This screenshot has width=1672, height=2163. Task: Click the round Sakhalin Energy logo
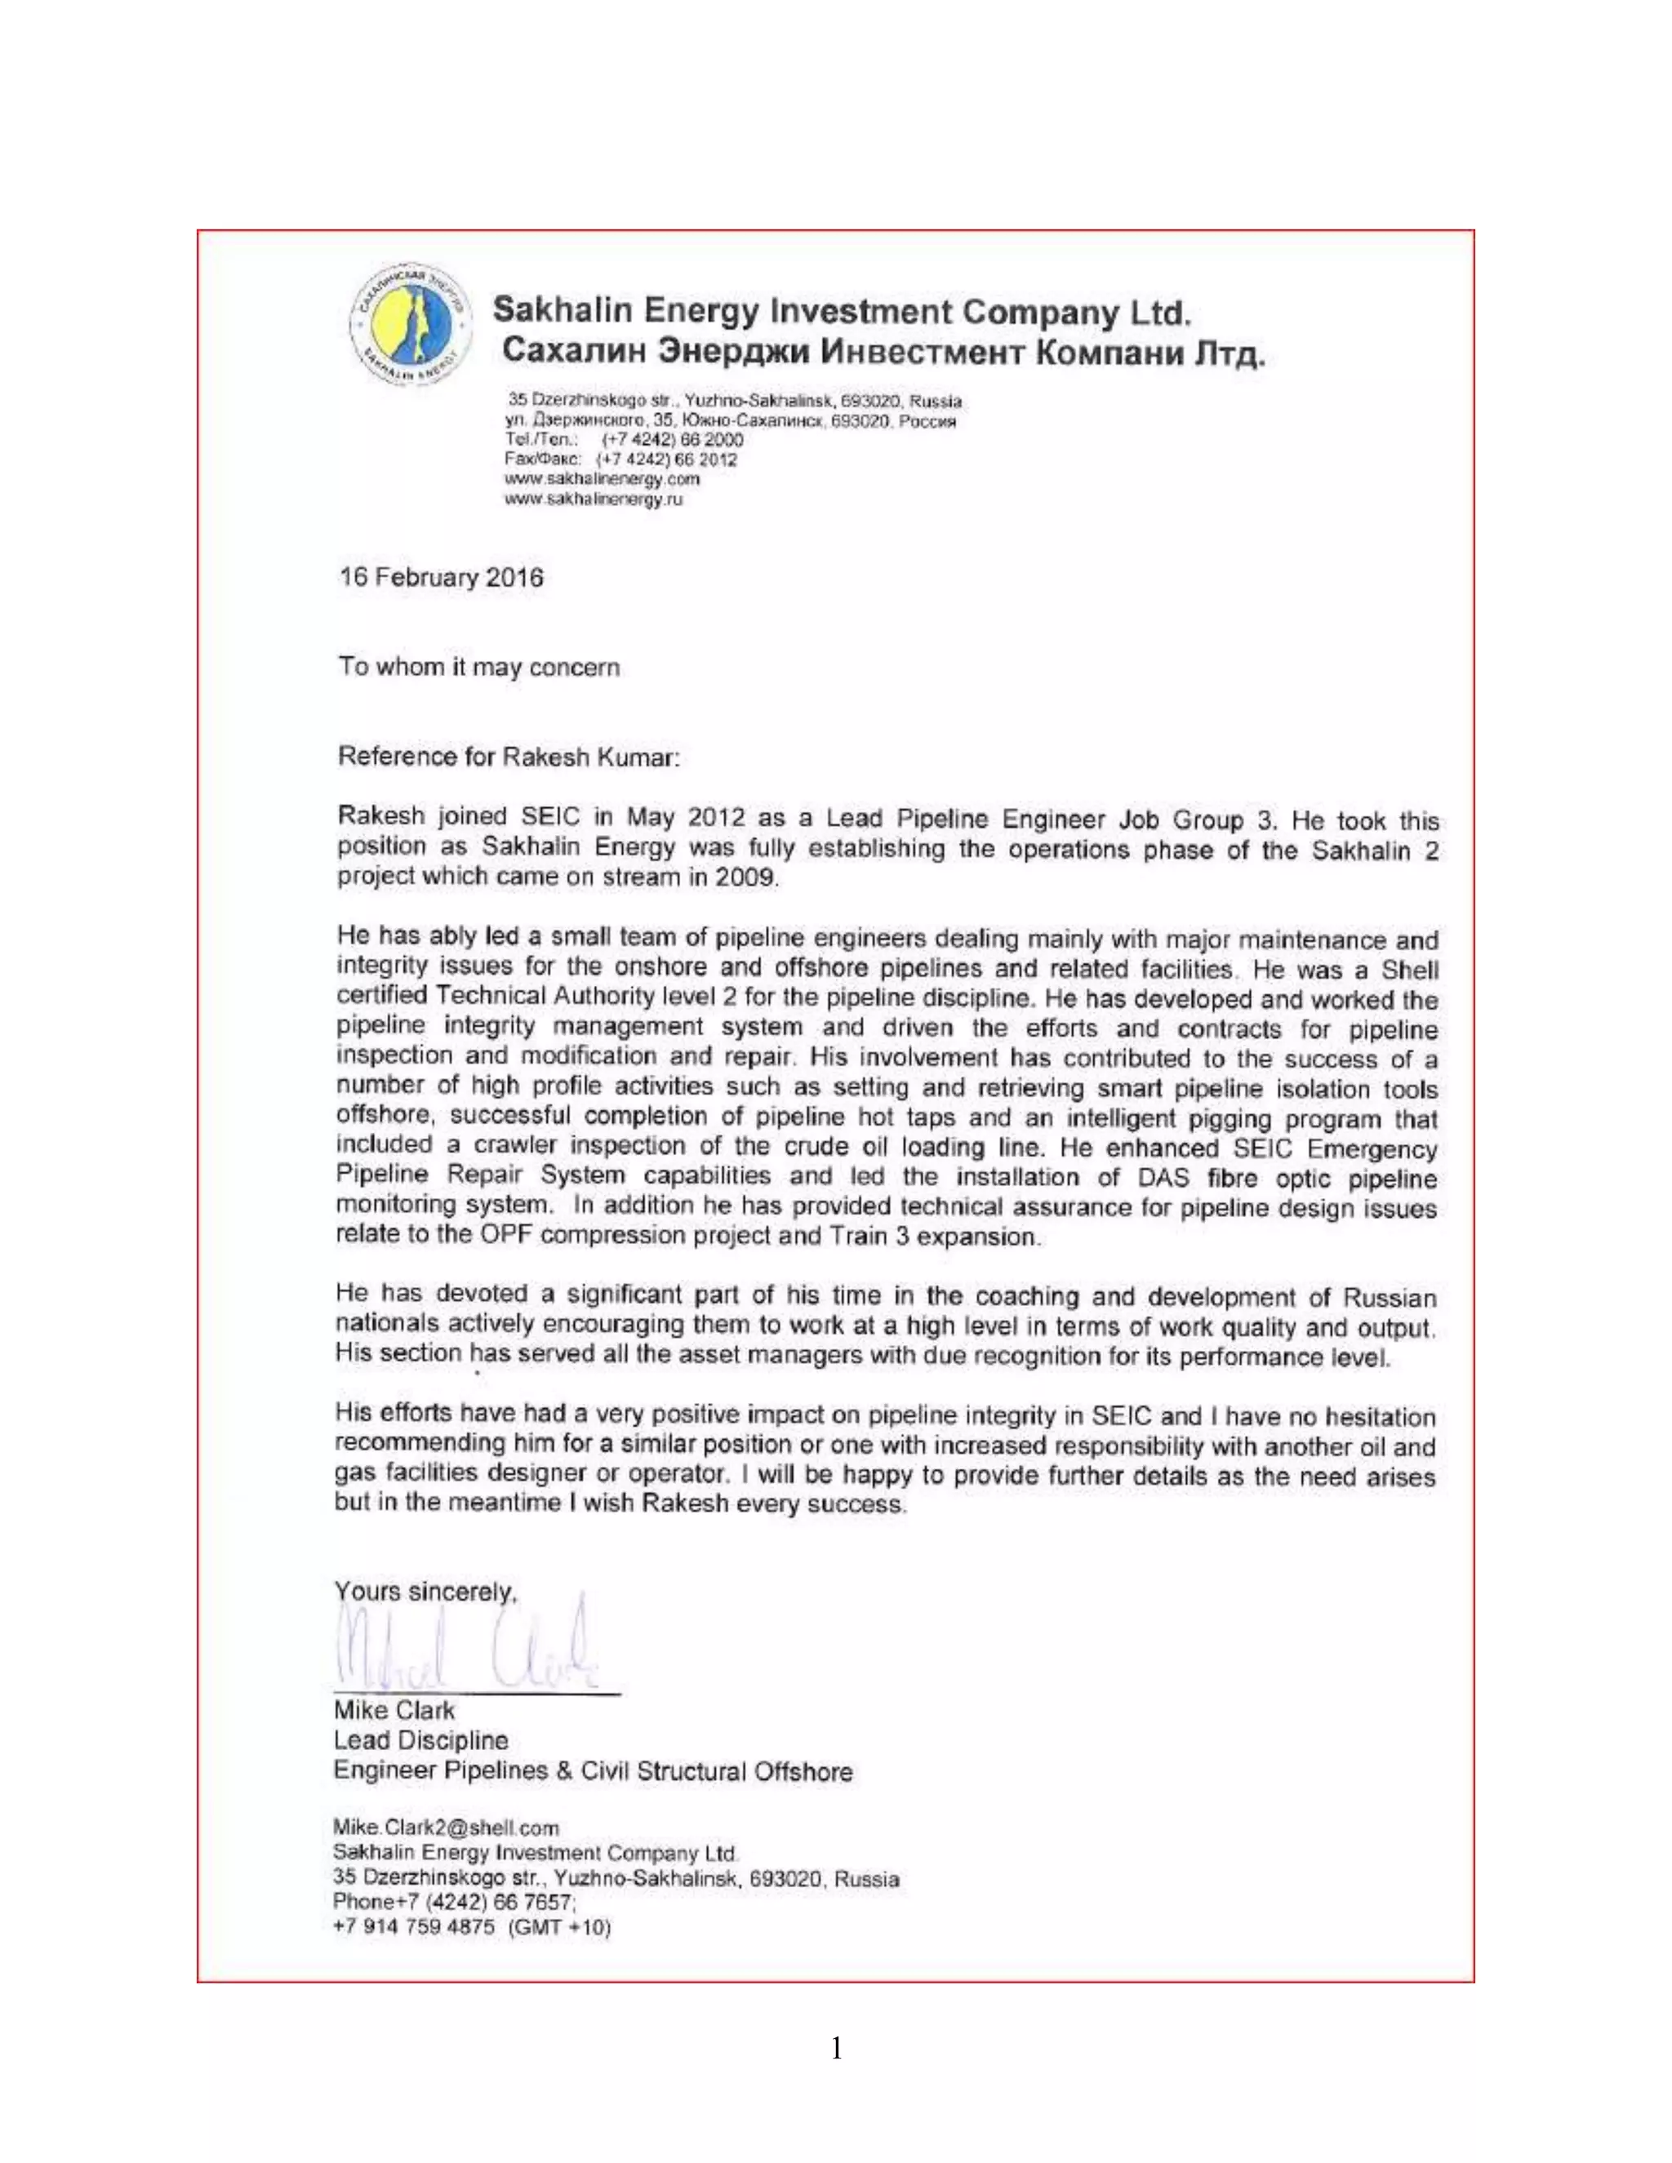click(x=409, y=326)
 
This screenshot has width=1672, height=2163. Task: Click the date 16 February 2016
click(x=441, y=577)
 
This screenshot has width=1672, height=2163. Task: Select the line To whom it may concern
click(x=478, y=668)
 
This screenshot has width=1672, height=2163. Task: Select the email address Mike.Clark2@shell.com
click(x=446, y=1828)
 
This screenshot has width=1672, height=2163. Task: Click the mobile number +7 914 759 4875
click(x=413, y=1927)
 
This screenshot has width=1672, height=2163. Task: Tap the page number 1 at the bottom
click(x=837, y=2048)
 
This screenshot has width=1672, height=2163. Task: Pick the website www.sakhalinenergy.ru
click(x=594, y=500)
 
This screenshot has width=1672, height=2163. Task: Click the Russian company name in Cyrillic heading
click(x=883, y=353)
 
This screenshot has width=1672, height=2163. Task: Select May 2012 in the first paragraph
click(x=684, y=818)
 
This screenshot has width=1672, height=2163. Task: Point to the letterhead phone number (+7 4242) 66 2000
click(x=673, y=440)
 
